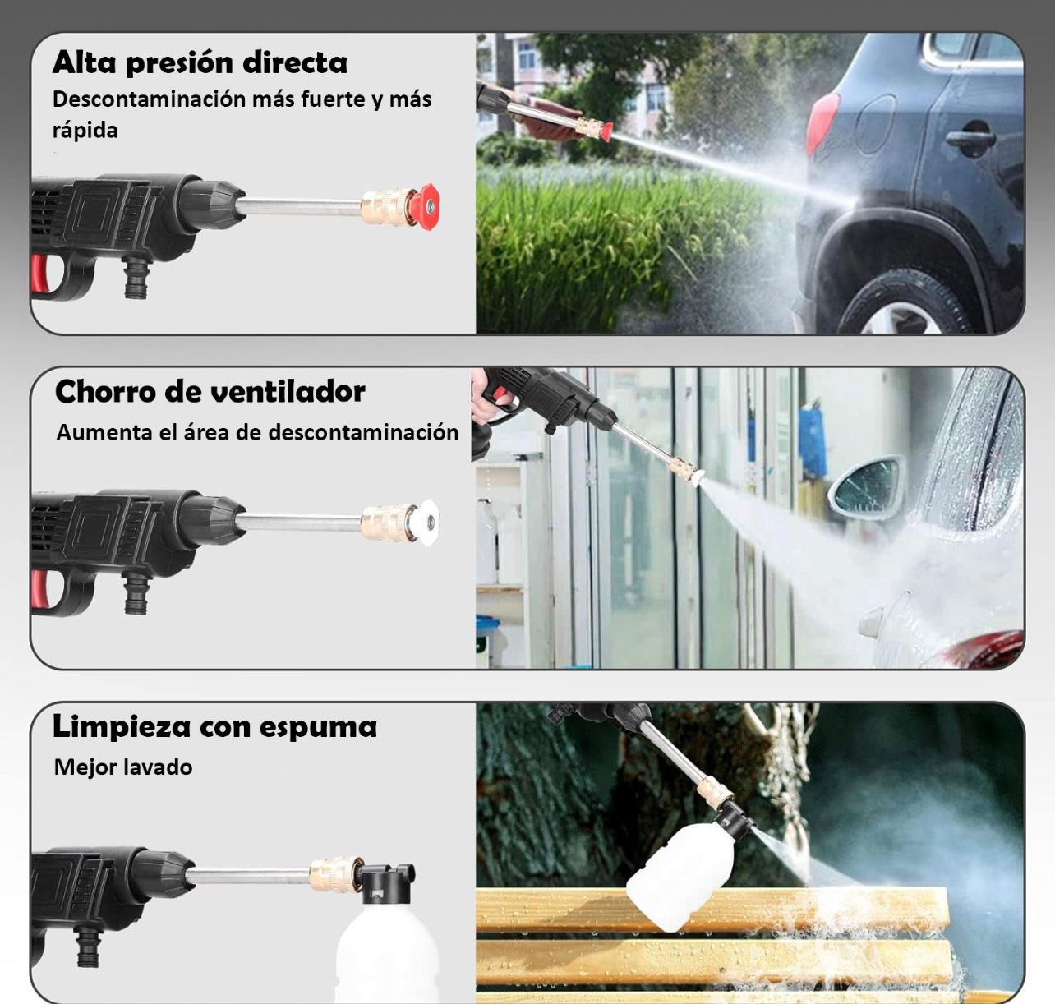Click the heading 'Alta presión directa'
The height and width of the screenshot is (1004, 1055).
point(200,63)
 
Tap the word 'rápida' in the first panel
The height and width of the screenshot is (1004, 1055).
point(85,131)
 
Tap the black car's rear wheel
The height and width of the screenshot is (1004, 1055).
point(904,304)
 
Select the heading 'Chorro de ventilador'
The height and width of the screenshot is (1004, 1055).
point(210,392)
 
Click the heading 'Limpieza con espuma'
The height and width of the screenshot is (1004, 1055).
point(214,726)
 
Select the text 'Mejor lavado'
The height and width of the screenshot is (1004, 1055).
point(123,767)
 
